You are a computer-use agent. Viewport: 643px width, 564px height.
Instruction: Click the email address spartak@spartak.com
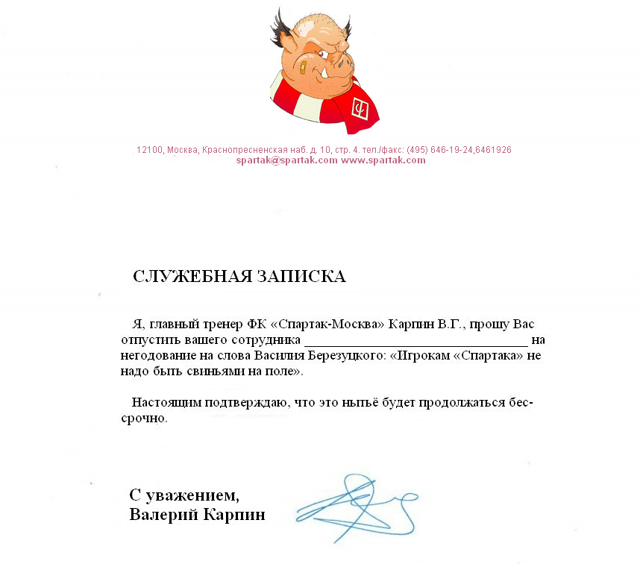click(x=286, y=160)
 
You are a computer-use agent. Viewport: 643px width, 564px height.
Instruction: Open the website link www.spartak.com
click(x=383, y=160)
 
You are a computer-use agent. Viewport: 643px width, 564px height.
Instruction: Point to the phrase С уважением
click(x=185, y=495)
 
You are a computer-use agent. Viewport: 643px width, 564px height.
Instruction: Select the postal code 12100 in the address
click(x=149, y=150)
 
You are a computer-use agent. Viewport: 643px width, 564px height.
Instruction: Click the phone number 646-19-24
click(x=451, y=150)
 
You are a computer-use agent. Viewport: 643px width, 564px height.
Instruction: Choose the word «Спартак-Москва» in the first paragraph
click(x=327, y=325)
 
